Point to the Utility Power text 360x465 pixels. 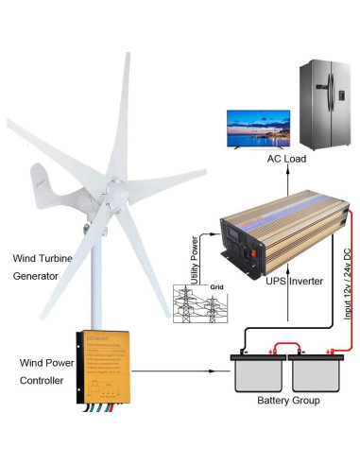click(196, 257)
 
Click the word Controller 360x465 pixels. click(42, 381)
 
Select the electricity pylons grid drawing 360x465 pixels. click(208, 304)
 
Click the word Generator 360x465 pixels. click(35, 276)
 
